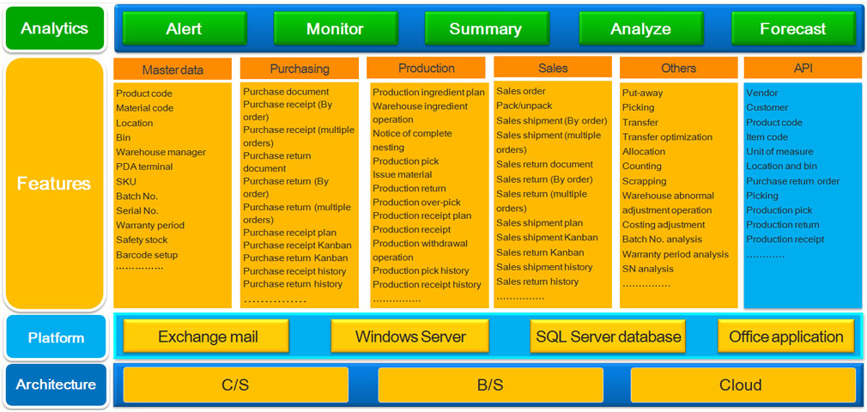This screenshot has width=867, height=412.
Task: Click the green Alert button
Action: click(x=184, y=28)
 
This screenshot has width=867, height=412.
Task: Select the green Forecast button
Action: click(x=792, y=28)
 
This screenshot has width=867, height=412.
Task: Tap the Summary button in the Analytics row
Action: click(x=485, y=28)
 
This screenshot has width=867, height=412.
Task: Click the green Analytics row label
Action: click(x=54, y=28)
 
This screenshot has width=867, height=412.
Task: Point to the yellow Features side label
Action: click(x=54, y=184)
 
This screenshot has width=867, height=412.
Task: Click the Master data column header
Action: click(x=173, y=69)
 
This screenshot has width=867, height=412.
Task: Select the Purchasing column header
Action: click(x=300, y=69)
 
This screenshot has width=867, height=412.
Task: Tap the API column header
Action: click(x=803, y=68)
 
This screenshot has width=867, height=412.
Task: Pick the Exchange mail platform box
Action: click(x=208, y=336)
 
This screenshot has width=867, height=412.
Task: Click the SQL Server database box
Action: click(x=608, y=336)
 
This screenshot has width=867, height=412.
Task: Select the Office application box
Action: click(x=785, y=336)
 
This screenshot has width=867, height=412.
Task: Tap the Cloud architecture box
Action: click(x=740, y=385)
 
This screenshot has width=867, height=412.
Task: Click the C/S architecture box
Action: click(x=235, y=385)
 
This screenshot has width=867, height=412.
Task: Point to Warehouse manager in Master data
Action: click(x=161, y=152)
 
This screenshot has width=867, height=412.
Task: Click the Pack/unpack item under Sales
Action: click(x=524, y=106)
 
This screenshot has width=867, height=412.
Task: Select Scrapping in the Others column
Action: click(x=644, y=181)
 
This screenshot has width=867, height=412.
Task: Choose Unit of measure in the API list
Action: click(x=779, y=151)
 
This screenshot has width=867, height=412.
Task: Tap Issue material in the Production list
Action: click(x=402, y=174)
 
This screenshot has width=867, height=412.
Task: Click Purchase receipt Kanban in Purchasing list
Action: click(x=296, y=245)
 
